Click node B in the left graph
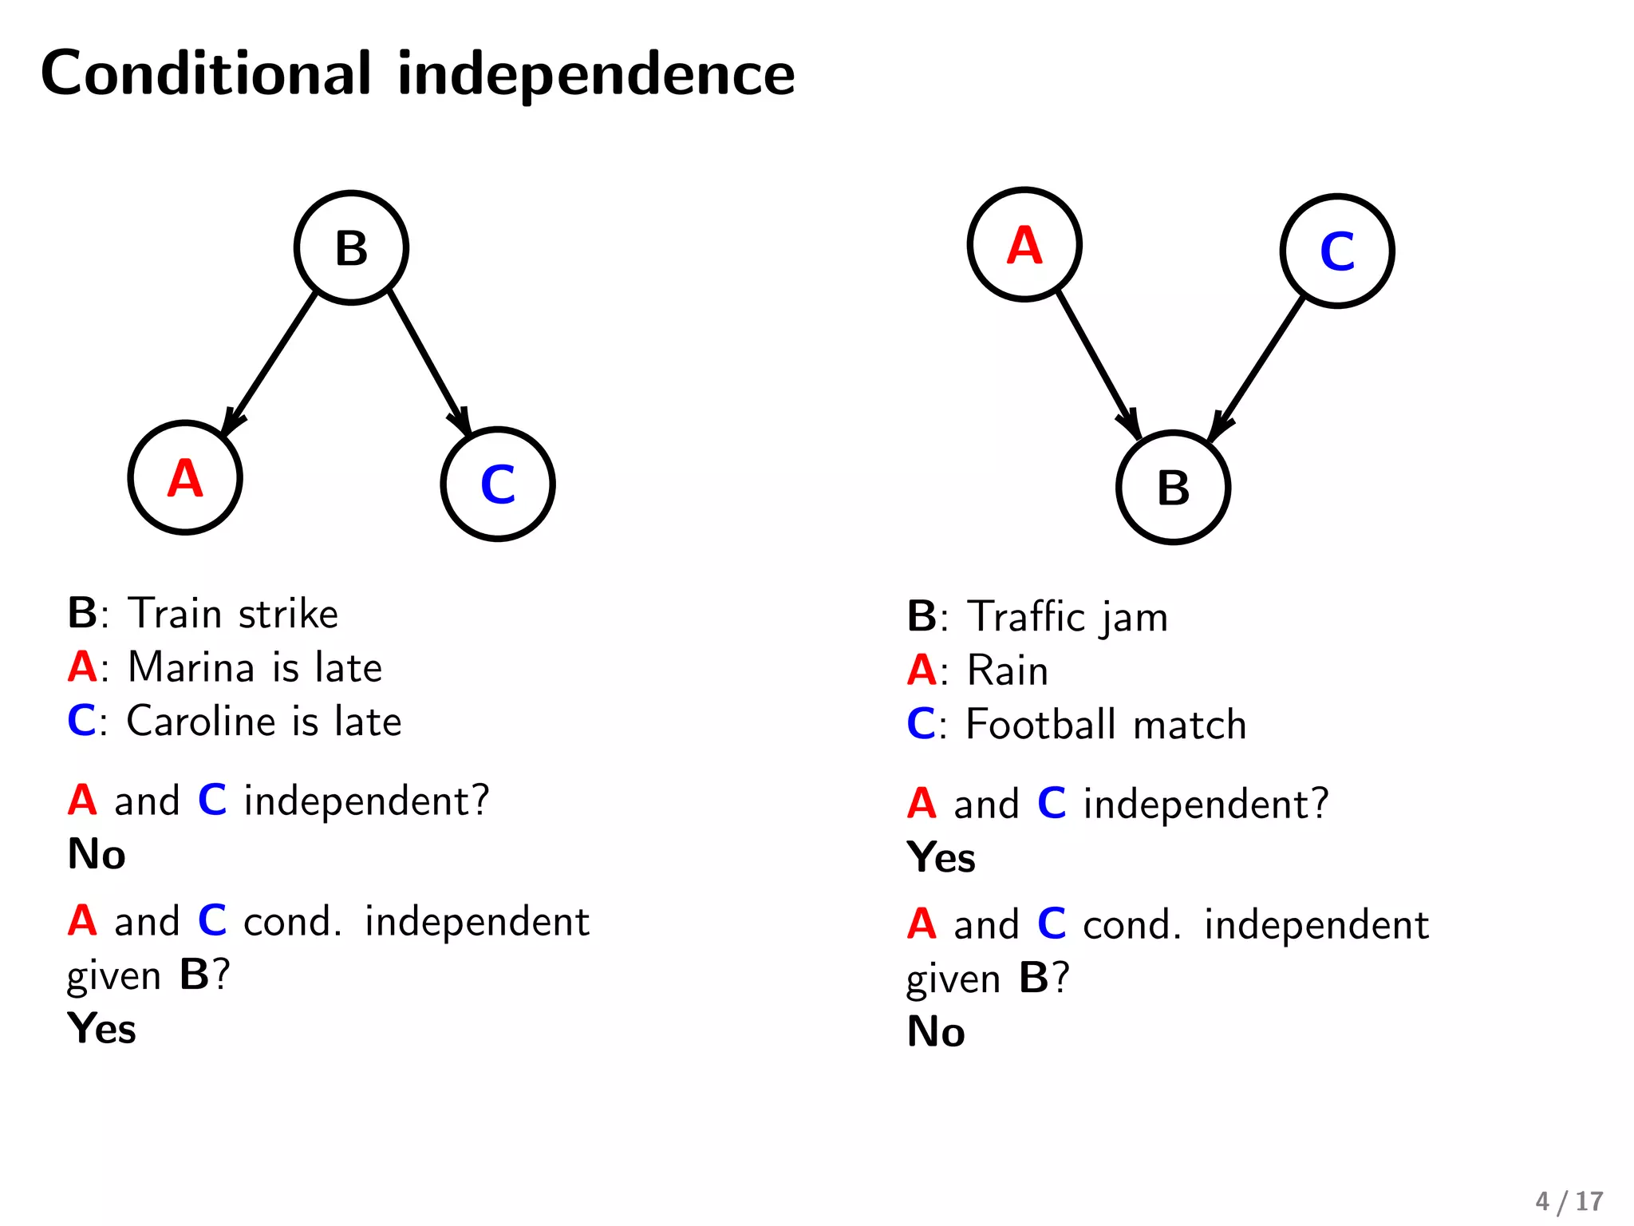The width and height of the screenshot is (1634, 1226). [351, 247]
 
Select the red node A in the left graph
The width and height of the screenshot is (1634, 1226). [185, 477]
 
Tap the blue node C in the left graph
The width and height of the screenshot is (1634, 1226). [497, 484]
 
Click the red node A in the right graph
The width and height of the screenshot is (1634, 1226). [1024, 244]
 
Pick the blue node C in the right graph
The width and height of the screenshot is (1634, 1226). [1337, 251]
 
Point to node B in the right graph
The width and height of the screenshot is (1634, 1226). [1173, 487]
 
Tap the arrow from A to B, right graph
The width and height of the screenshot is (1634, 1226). [1098, 364]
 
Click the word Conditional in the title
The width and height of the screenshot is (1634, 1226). [206, 73]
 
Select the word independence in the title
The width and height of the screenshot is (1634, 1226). [596, 73]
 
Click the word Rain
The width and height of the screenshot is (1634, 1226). [1008, 670]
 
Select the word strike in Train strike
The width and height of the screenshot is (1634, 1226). [288, 614]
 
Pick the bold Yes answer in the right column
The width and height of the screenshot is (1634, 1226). [941, 858]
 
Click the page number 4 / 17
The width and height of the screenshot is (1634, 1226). [1569, 1201]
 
